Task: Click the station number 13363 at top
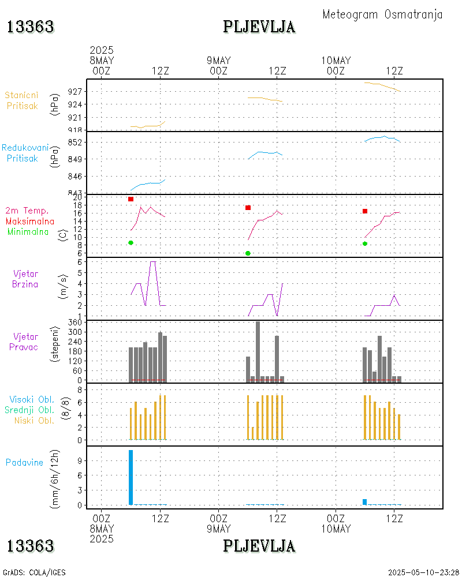coord(30,27)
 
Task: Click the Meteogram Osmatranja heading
coord(382,14)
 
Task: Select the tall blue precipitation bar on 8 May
coord(131,477)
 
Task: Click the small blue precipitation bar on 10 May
coord(365,502)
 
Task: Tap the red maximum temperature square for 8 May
coord(131,199)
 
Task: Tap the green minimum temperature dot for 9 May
coord(248,253)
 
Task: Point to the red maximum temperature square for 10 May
coord(365,211)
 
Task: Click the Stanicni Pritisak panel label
coord(22,100)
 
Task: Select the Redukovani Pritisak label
coord(24,153)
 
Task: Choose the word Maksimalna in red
coord(30,221)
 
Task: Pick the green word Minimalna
coord(28,231)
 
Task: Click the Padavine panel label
coord(24,462)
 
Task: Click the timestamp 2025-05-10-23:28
coord(423,572)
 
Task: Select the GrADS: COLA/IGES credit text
coord(34,572)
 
